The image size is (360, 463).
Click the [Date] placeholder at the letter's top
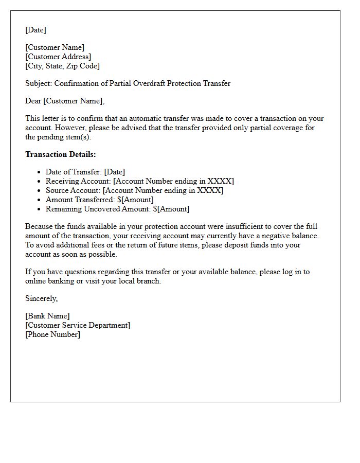click(35, 30)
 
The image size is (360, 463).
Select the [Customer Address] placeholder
click(58, 57)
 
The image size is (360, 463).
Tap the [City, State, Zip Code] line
click(62, 66)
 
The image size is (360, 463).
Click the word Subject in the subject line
click(38, 83)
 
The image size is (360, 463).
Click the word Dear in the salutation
click(33, 101)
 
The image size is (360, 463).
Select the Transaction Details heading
click(60, 154)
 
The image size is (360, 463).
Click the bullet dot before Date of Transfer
click(39, 172)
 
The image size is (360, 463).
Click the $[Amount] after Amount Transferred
click(135, 200)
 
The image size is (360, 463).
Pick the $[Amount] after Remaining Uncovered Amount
click(171, 209)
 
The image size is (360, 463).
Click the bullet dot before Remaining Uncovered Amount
click(39, 209)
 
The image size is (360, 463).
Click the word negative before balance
click(273, 236)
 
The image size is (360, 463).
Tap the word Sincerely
click(41, 298)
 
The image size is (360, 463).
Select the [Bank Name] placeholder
click(47, 316)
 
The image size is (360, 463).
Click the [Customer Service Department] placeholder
click(78, 325)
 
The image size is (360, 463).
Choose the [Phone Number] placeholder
click(52, 334)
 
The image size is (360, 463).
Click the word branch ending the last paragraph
click(148, 281)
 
